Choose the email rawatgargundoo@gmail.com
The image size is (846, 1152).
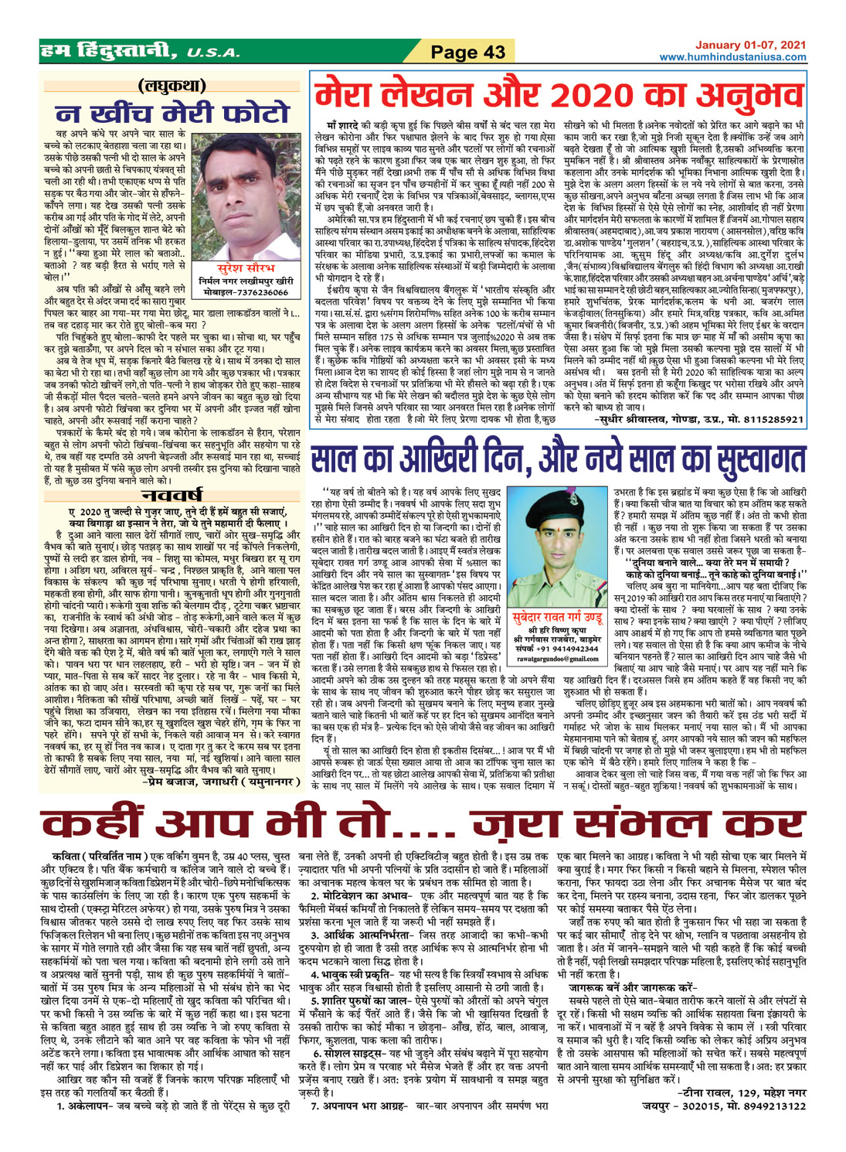pyautogui.click(x=548, y=658)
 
